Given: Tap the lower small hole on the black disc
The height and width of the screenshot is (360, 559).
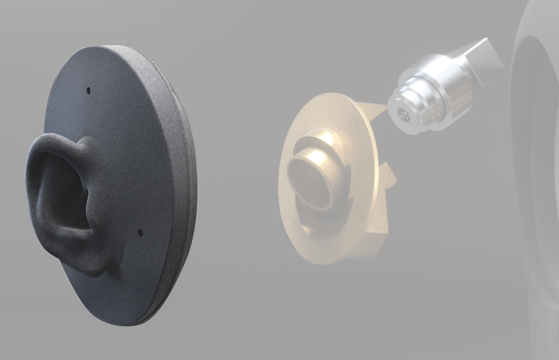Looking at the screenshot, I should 139,231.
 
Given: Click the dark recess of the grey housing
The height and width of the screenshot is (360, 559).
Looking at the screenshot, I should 542,140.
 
